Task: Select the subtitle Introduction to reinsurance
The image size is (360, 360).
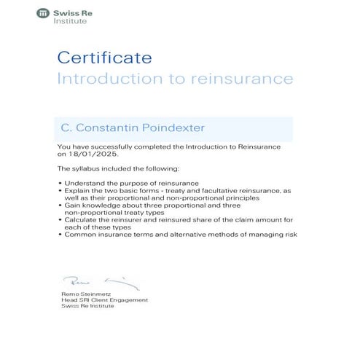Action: tap(174, 78)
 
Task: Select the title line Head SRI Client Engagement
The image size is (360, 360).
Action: tap(104, 300)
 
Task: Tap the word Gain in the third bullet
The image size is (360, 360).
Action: tap(72, 206)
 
